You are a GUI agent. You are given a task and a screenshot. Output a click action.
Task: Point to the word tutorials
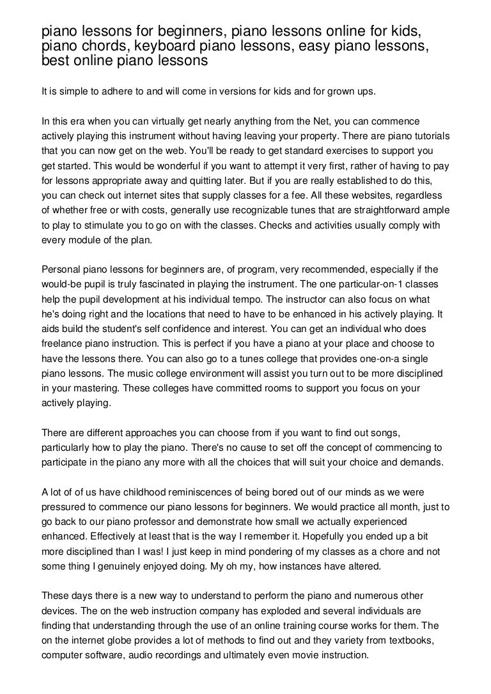coord(428,137)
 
